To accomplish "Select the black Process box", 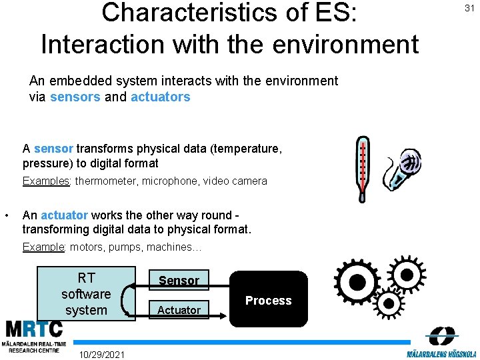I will [x=269, y=299].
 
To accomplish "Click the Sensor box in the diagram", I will [x=179, y=280].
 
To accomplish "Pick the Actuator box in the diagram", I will [x=179, y=309].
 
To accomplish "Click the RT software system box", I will [x=86, y=293].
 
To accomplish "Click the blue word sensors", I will [x=75, y=97].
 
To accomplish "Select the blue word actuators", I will [x=160, y=97].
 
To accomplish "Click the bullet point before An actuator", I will [x=6, y=215].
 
